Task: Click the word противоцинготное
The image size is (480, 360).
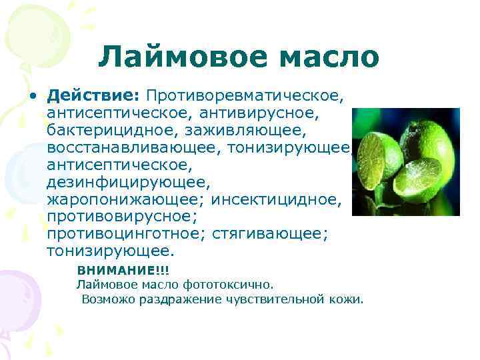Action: (x=125, y=235)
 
